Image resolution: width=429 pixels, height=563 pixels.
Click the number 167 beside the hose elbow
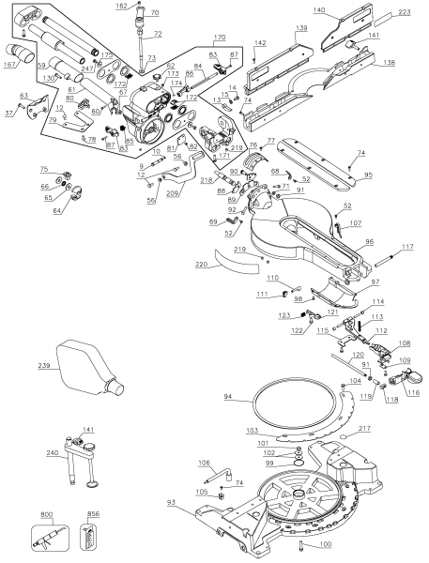tap(11, 65)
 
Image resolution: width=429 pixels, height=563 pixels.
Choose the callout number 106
tap(203, 463)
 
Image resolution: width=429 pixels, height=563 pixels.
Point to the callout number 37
tap(10, 113)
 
